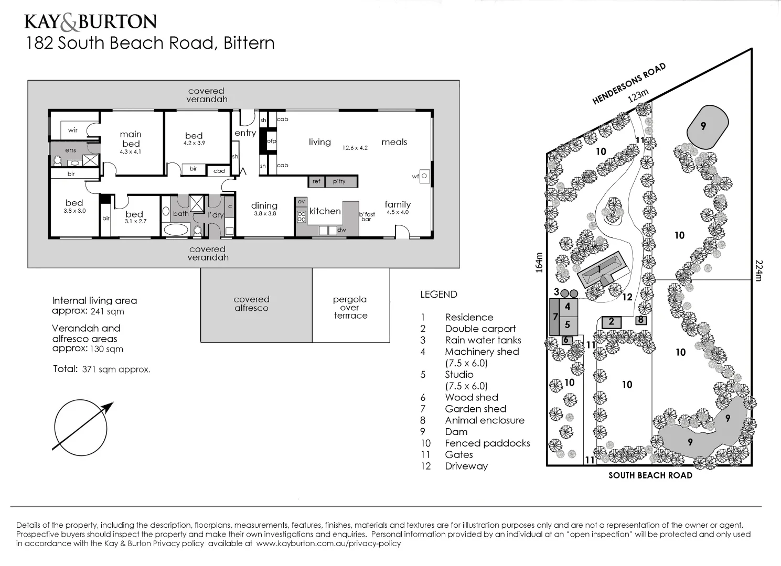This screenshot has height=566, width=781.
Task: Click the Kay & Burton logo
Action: [90, 21]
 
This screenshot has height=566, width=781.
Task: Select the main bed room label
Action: [131, 139]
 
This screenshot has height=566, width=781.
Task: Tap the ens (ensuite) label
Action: [70, 150]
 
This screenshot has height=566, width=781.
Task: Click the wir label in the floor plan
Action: [73, 130]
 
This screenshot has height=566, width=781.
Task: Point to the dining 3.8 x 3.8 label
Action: [264, 209]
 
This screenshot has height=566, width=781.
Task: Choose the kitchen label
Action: [325, 211]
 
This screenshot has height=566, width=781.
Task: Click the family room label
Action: [398, 205]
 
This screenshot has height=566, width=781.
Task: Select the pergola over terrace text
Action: [350, 307]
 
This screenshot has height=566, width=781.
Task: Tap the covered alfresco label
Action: [251, 304]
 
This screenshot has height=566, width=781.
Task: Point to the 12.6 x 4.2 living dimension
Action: [355, 148]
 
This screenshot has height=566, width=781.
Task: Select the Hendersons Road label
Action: [629, 83]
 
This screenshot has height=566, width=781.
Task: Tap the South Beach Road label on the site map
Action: [650, 475]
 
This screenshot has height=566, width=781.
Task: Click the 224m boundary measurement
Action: [759, 270]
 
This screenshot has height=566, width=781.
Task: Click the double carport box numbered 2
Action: [611, 322]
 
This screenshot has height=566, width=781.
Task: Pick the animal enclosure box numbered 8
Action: [640, 320]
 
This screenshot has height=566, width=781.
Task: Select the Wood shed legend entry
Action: [472, 397]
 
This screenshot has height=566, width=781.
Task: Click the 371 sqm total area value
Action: [116, 369]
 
